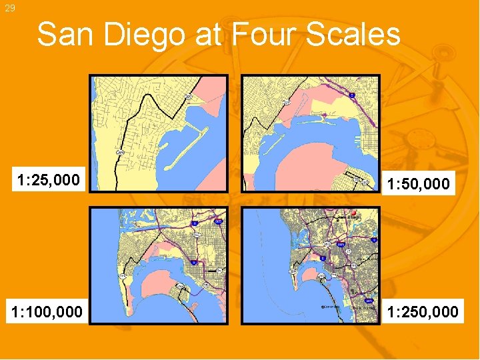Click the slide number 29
tap(9, 8)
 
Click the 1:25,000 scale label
tap(49, 180)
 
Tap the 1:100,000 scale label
tap(46, 311)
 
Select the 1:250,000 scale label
tap(423, 311)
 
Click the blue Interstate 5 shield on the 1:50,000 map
tap(351, 95)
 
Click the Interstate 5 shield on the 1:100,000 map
tap(194, 225)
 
